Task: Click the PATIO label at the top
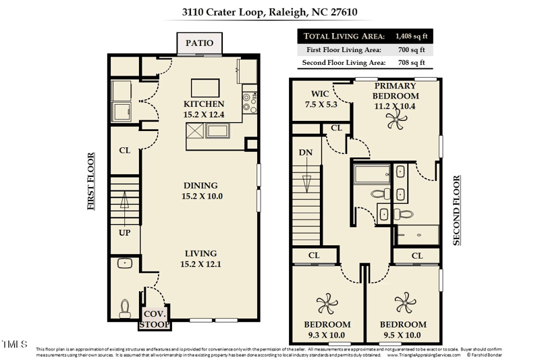(200, 43)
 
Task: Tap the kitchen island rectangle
(205, 88)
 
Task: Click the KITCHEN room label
(204, 104)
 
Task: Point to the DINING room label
(200, 186)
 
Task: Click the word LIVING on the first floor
(200, 254)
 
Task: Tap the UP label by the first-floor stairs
(124, 232)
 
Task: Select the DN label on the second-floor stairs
(305, 153)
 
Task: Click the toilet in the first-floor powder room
(124, 309)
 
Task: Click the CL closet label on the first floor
(124, 151)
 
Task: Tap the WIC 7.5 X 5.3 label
(320, 99)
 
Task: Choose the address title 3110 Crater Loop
(269, 11)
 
